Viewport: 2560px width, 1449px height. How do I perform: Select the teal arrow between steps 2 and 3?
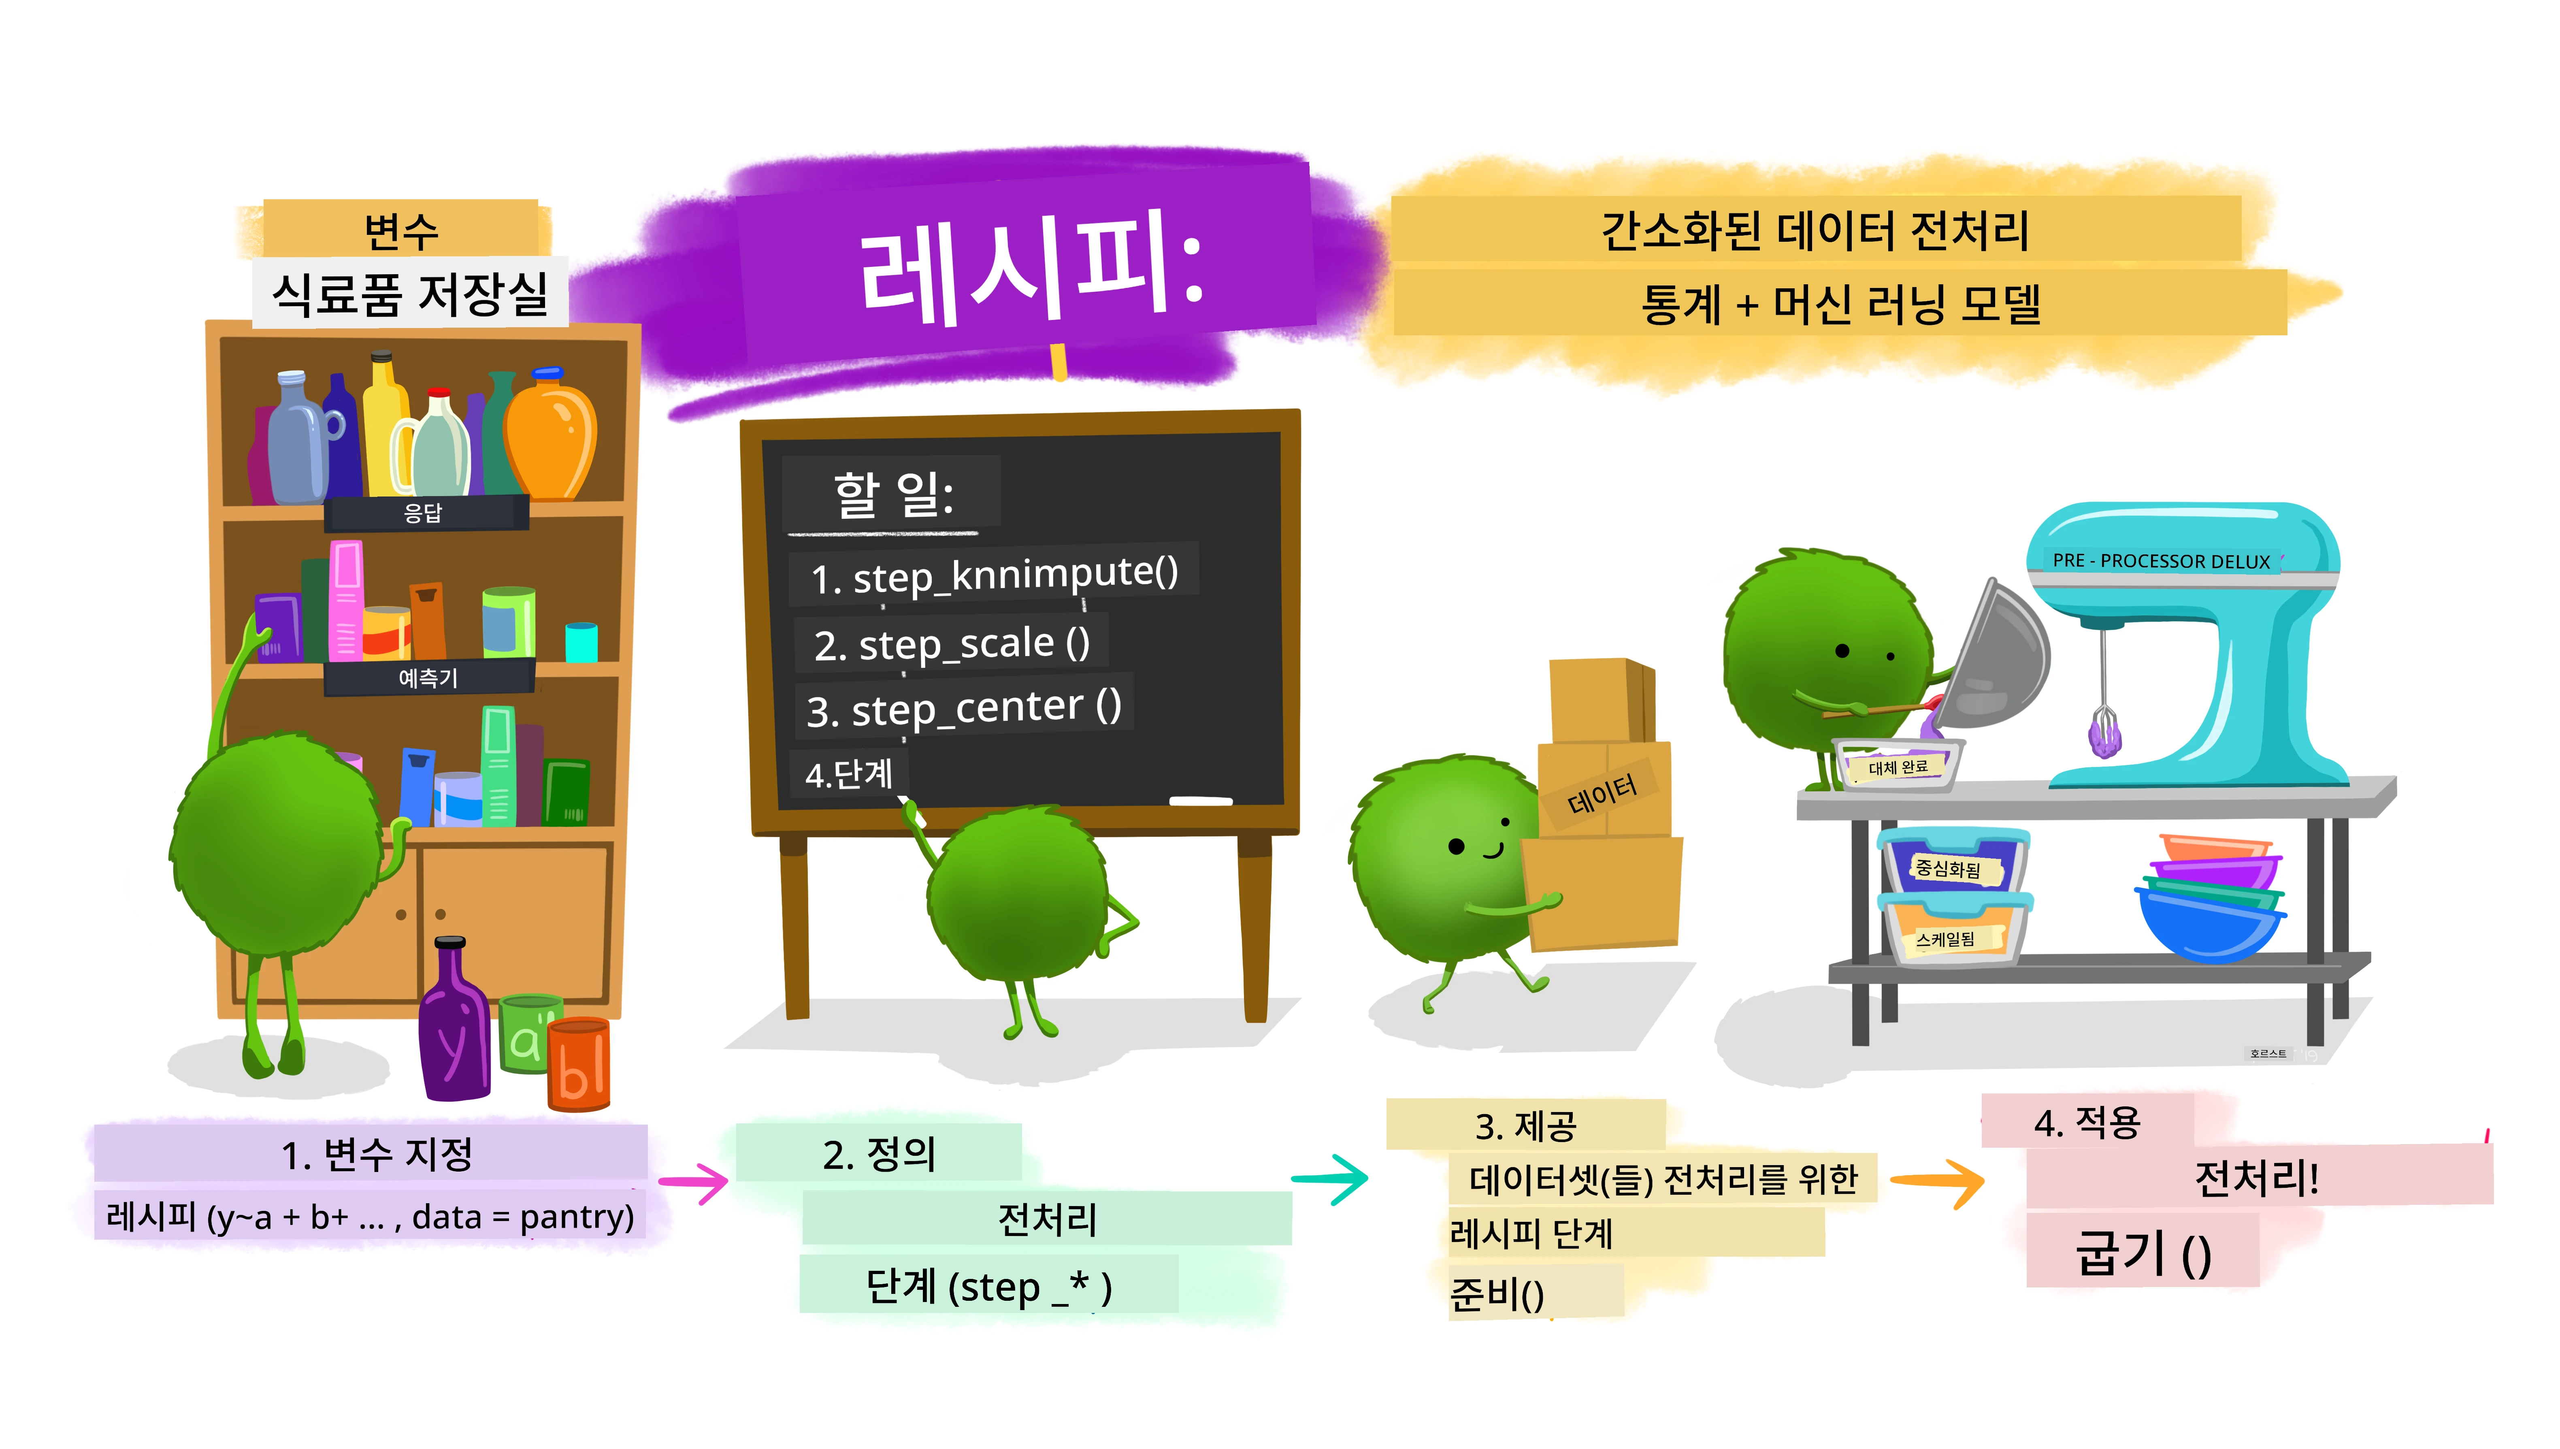click(x=1330, y=1179)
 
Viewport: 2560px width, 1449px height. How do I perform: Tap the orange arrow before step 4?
click(x=1936, y=1181)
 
